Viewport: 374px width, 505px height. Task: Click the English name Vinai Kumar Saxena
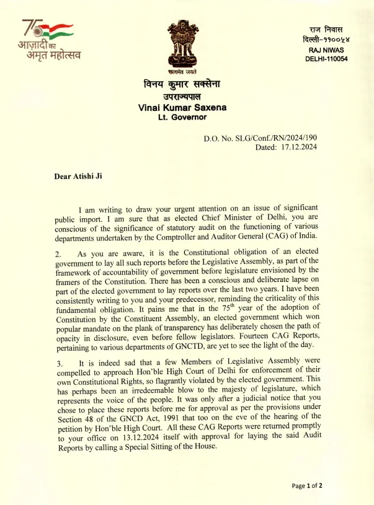(182, 107)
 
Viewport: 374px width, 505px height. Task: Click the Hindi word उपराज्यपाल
(182, 97)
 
